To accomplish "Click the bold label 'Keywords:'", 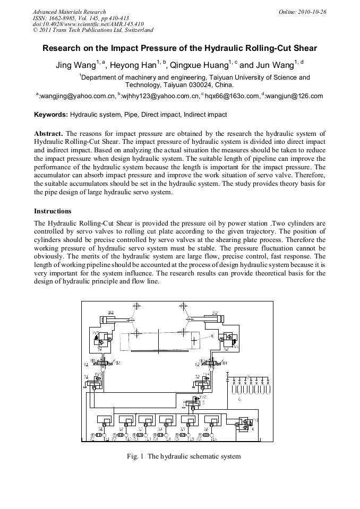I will point(51,114).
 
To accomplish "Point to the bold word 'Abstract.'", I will point(48,133).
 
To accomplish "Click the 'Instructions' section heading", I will point(53,211).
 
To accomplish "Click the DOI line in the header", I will point(88,24).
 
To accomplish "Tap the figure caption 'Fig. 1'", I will point(135,456).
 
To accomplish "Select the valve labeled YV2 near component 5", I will point(203,396).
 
